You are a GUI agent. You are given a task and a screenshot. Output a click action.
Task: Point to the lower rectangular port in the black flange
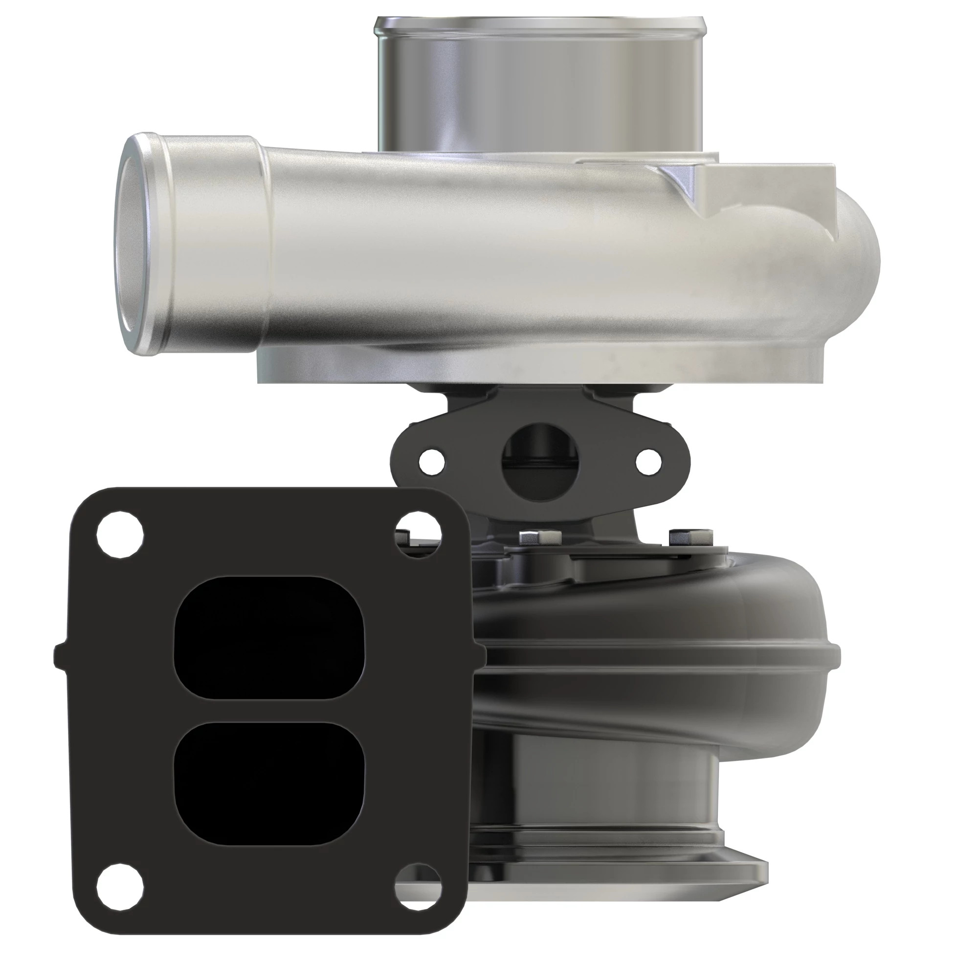coord(269,788)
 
